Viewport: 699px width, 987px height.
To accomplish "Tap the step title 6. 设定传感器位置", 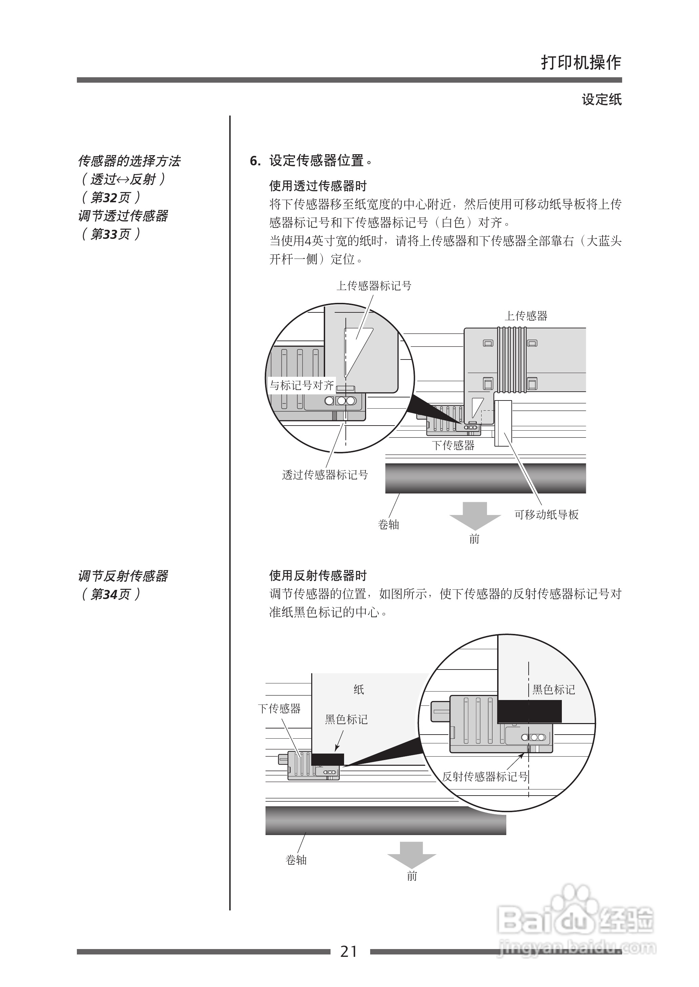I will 311,161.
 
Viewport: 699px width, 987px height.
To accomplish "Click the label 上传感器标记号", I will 374,286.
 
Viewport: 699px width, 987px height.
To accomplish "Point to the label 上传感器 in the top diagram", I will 526,316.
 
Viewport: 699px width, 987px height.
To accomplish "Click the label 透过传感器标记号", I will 325,475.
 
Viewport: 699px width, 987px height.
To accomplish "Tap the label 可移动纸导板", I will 546,515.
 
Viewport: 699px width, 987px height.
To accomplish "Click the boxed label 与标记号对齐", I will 301,385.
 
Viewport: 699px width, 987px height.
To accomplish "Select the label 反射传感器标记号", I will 485,777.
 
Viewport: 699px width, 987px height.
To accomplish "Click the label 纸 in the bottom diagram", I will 359,690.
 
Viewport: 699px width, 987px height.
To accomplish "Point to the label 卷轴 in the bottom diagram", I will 296,860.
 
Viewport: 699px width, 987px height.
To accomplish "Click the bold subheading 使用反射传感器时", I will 318,576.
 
